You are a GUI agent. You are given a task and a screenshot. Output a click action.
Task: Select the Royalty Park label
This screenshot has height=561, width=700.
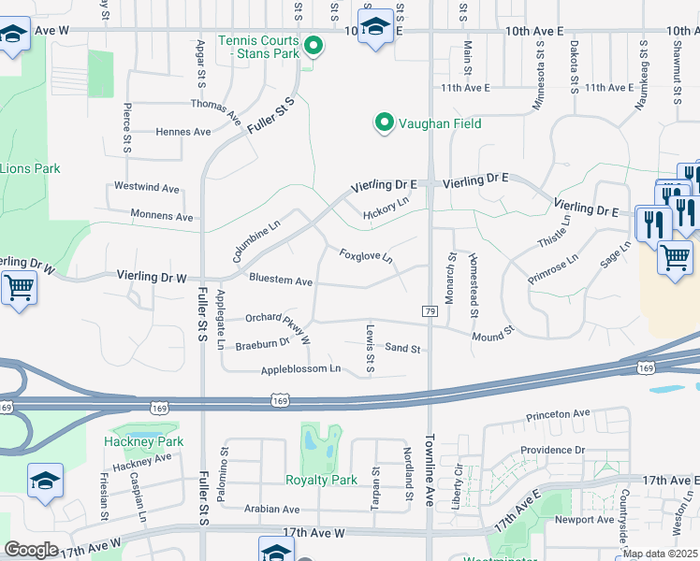[x=321, y=480]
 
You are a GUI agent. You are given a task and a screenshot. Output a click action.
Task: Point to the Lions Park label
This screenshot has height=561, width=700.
[x=30, y=168]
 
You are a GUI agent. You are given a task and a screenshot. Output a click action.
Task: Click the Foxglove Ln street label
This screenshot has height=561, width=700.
[x=366, y=255]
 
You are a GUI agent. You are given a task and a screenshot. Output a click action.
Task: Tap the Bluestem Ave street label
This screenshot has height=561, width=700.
[x=281, y=280]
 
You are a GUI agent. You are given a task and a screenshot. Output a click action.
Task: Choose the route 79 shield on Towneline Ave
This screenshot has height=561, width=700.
[x=430, y=310]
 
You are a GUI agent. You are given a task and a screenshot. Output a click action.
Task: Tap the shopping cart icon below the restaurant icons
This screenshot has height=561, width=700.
[x=675, y=257]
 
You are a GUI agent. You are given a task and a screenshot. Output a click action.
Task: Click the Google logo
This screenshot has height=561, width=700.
[x=33, y=550]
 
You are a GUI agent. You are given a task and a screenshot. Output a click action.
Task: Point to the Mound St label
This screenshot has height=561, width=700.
[x=494, y=335]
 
